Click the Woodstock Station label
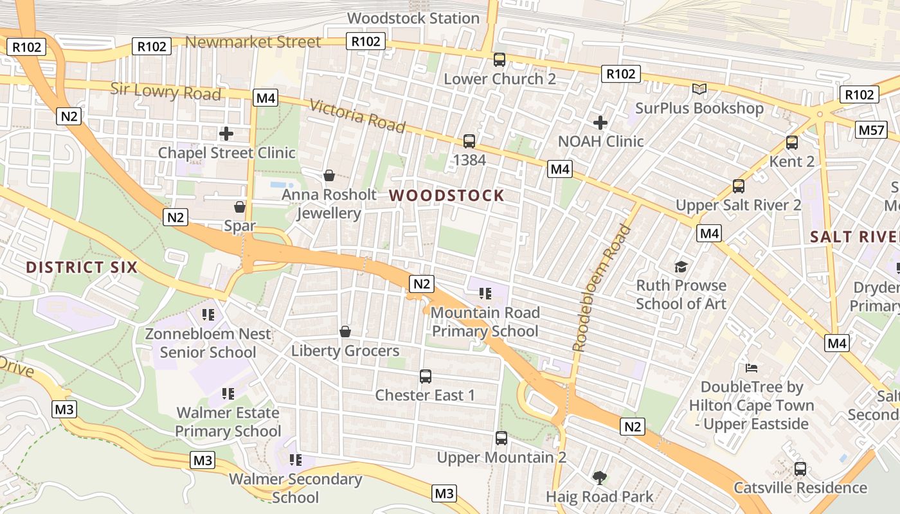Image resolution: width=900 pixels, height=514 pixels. click(x=413, y=18)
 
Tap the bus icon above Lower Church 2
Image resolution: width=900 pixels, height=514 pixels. click(x=500, y=60)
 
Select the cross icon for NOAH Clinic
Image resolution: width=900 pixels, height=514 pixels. click(x=600, y=122)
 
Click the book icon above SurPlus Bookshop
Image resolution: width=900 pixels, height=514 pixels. click(x=699, y=89)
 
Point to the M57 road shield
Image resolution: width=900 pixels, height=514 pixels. click(x=872, y=130)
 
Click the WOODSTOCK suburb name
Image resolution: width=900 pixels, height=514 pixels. click(x=447, y=196)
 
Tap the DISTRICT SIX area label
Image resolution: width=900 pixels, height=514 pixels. click(x=82, y=267)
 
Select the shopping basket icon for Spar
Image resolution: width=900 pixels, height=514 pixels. click(x=240, y=207)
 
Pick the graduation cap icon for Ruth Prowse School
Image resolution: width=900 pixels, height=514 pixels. click(x=681, y=267)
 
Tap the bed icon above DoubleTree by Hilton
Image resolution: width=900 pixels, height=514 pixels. click(x=751, y=368)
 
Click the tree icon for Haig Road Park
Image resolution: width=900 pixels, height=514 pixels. click(x=599, y=477)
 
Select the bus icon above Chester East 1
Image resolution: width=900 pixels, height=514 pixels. click(x=425, y=377)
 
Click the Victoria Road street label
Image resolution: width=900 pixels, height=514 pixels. click(x=357, y=116)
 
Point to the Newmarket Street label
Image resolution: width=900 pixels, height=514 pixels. click(x=253, y=42)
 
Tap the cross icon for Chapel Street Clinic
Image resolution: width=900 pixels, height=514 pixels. click(x=226, y=134)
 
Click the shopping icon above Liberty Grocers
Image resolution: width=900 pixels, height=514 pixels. click(x=345, y=332)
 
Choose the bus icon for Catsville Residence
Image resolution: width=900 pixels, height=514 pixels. click(x=800, y=469)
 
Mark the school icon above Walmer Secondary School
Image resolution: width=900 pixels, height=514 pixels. click(x=296, y=459)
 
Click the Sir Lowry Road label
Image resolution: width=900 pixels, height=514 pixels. click(x=165, y=91)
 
